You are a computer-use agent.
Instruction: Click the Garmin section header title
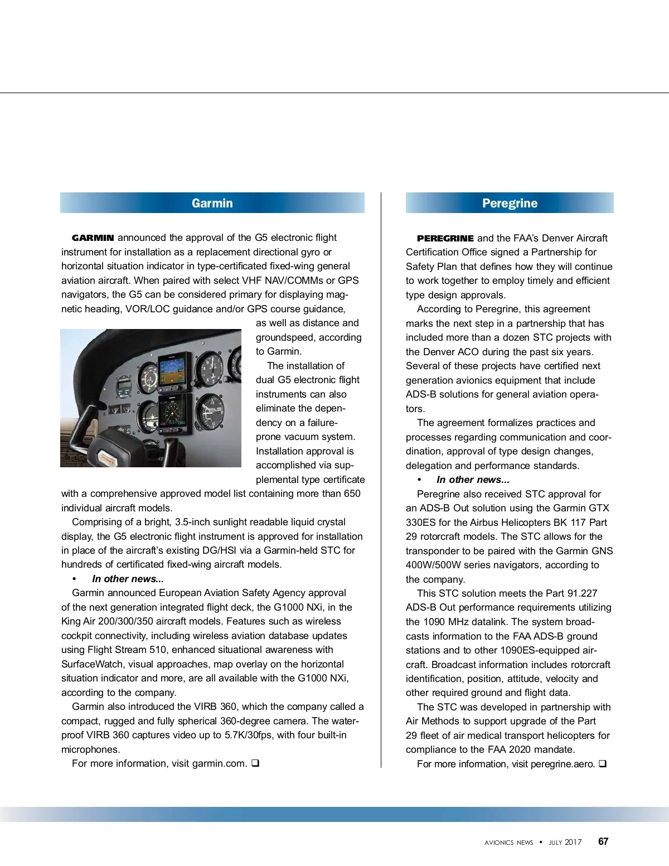tap(212, 203)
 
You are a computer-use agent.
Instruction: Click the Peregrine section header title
tap(510, 203)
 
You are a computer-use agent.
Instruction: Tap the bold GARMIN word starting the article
tap(93, 238)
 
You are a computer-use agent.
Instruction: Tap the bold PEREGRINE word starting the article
tap(445, 238)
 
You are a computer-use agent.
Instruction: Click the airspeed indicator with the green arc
tap(148, 378)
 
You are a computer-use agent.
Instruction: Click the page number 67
tap(603, 841)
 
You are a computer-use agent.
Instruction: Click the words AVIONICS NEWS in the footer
tap(508, 843)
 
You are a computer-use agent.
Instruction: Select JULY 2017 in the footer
tap(565, 843)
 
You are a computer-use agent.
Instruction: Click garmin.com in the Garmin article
tap(219, 763)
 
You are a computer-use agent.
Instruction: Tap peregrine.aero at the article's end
tap(563, 764)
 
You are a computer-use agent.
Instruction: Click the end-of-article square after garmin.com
tap(255, 763)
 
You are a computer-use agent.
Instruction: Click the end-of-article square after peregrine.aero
tap(603, 764)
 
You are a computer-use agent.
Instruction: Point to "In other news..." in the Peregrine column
tap(473, 480)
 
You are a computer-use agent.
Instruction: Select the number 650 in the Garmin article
tap(352, 494)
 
